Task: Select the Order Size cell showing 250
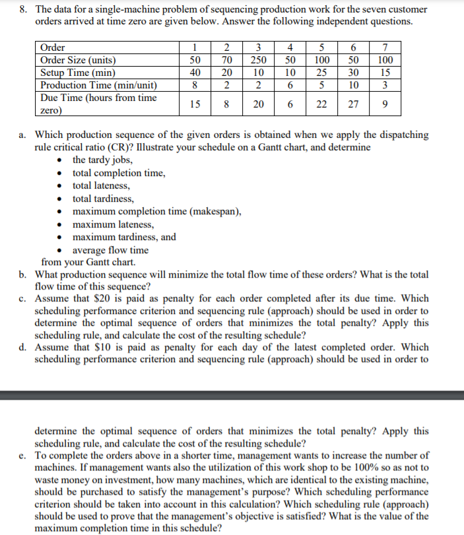(x=259, y=60)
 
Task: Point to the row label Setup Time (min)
(x=79, y=73)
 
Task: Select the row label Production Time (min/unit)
(x=99, y=85)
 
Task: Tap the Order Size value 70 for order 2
(x=226, y=60)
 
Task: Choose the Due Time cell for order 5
(x=323, y=103)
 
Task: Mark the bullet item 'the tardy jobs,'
(x=102, y=160)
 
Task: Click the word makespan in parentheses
(x=216, y=212)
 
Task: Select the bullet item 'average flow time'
(x=110, y=250)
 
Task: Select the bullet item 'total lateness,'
(x=101, y=186)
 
